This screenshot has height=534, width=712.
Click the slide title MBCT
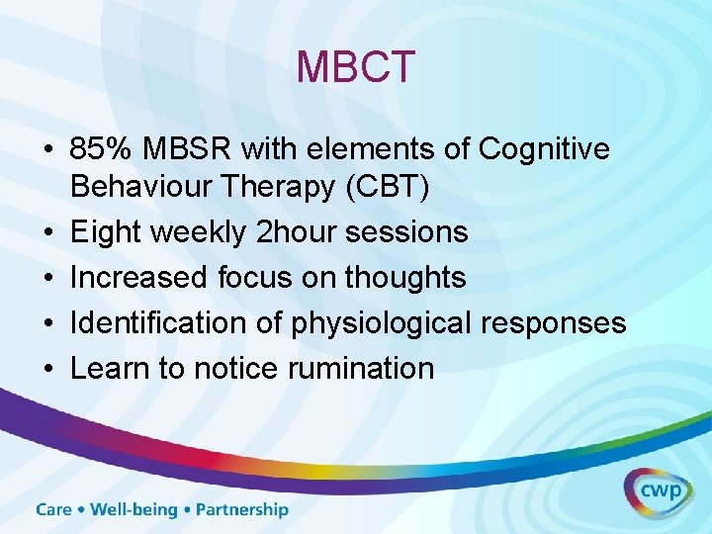(x=355, y=67)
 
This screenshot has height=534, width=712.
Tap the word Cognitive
(x=544, y=149)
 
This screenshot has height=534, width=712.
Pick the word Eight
(x=105, y=232)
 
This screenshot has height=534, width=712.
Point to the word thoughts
(x=404, y=278)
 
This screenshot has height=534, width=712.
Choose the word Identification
(x=158, y=323)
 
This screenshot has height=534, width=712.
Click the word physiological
(x=372, y=323)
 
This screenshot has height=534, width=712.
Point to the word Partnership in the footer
(x=242, y=510)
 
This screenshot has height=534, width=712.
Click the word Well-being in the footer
(x=133, y=510)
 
